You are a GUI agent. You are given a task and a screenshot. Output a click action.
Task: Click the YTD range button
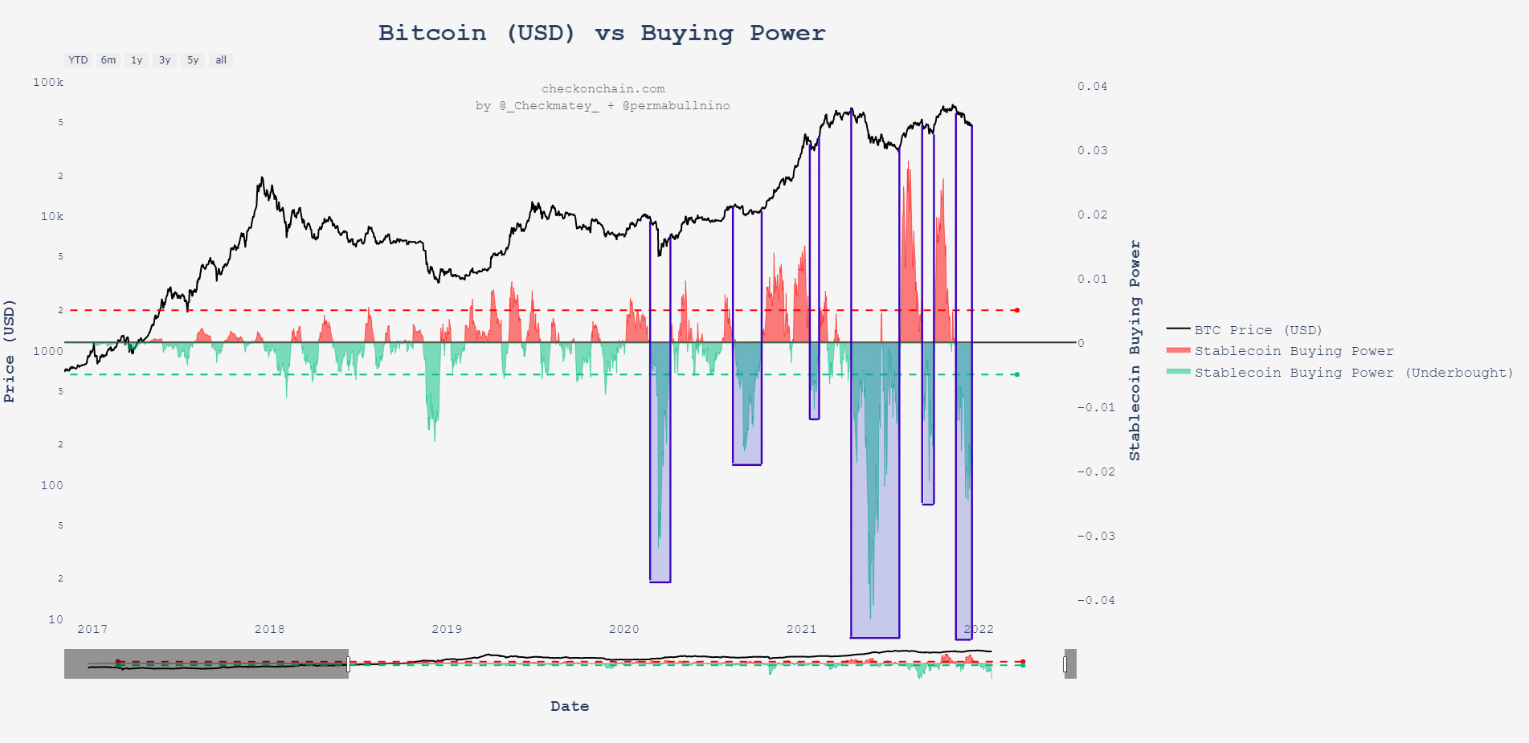pyautogui.click(x=78, y=60)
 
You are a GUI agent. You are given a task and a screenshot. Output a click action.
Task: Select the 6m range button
pyautogui.click(x=108, y=60)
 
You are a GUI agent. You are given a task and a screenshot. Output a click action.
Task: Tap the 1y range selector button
pyautogui.click(x=137, y=60)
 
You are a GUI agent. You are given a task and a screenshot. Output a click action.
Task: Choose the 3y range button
pyautogui.click(x=165, y=60)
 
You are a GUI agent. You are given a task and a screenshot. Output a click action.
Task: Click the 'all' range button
pyautogui.click(x=221, y=60)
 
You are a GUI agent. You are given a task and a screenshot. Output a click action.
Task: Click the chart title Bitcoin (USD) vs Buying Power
pyautogui.click(x=601, y=33)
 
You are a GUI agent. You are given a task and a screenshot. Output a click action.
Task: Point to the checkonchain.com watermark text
pyautogui.click(x=603, y=88)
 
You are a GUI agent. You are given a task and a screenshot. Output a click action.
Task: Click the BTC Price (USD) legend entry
pyautogui.click(x=1257, y=330)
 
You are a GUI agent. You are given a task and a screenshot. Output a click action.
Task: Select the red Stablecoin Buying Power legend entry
pyautogui.click(x=1293, y=351)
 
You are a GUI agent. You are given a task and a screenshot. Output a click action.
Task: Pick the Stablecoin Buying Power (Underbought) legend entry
pyautogui.click(x=1353, y=373)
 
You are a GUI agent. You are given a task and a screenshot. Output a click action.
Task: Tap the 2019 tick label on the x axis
pyautogui.click(x=447, y=629)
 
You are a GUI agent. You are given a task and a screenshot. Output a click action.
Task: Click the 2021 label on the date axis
pyautogui.click(x=801, y=629)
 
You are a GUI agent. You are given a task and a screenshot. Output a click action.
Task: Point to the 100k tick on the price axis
pyautogui.click(x=48, y=82)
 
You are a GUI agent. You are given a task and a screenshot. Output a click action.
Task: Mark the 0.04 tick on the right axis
pyautogui.click(x=1092, y=86)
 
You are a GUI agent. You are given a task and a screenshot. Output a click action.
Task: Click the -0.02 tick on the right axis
pyautogui.click(x=1095, y=472)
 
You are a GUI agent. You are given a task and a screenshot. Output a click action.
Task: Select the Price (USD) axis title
pyautogui.click(x=10, y=350)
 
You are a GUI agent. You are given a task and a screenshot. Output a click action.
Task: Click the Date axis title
pyautogui.click(x=570, y=706)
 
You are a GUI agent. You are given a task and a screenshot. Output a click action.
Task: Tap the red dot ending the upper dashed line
pyautogui.click(x=1016, y=310)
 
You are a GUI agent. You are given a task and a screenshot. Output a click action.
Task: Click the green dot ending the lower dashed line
pyautogui.click(x=1016, y=374)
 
